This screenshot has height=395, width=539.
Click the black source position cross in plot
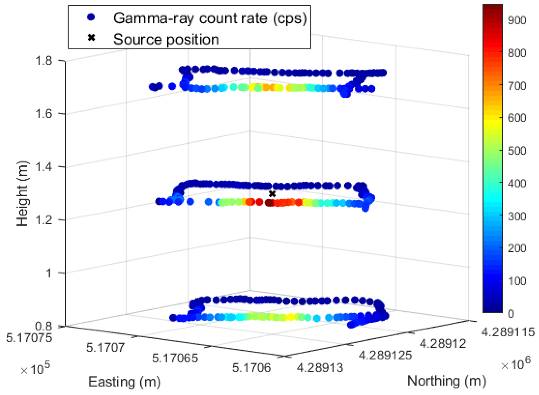[272, 194]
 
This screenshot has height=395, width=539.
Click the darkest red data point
[269, 203]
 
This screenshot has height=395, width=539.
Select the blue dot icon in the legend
[91, 17]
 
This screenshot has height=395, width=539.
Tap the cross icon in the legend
[91, 38]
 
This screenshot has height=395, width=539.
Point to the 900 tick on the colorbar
[517, 20]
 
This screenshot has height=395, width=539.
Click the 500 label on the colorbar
[517, 151]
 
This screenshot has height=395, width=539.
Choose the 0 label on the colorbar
[510, 314]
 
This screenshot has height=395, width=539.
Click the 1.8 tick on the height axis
[44, 61]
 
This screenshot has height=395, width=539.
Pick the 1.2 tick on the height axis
[44, 220]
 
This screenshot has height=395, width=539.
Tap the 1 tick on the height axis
[49, 273]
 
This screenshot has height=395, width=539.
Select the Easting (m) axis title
[124, 382]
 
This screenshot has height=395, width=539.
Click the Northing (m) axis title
[447, 381]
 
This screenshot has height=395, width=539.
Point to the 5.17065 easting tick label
[175, 358]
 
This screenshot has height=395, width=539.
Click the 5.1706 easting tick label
[251, 368]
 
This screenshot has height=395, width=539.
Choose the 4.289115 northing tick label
[508, 332]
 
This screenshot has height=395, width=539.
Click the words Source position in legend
[166, 39]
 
